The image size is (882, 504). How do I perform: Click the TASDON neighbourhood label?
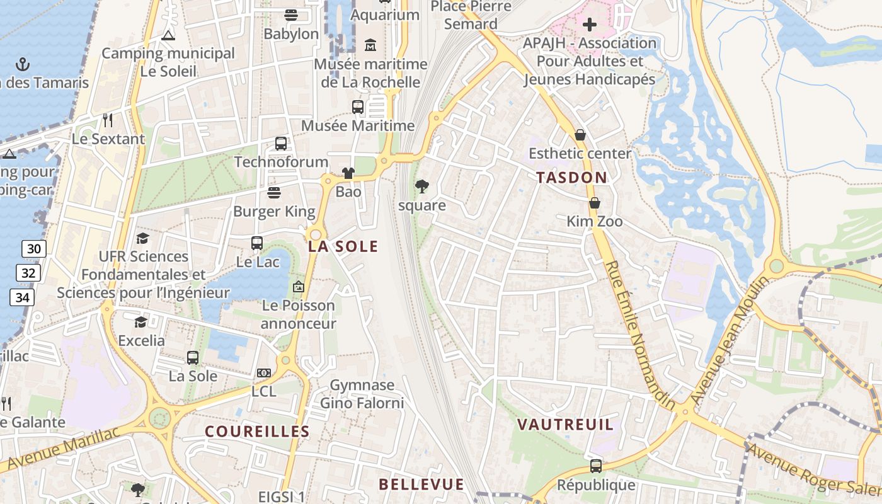(x=571, y=178)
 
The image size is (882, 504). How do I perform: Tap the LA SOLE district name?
(x=343, y=246)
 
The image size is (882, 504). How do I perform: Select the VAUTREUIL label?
(x=565, y=425)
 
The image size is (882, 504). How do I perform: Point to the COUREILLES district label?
(x=258, y=432)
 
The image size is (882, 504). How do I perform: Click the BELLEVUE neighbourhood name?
(x=421, y=484)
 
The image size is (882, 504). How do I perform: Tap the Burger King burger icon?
(x=274, y=193)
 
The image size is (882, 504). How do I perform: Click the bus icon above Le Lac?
(x=257, y=243)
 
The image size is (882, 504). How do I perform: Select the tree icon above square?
(x=421, y=186)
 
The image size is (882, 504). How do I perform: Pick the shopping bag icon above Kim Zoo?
(x=594, y=203)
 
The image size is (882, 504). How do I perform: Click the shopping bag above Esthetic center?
(x=580, y=135)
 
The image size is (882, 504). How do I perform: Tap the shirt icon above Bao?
(x=348, y=173)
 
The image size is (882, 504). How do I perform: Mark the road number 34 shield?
(x=23, y=297)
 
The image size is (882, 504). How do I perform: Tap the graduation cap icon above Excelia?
(x=140, y=323)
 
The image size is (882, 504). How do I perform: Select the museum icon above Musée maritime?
(x=370, y=45)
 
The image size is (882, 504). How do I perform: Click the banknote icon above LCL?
(x=264, y=373)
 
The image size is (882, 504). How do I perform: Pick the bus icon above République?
(x=596, y=466)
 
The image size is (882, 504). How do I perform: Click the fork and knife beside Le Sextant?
(x=108, y=120)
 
